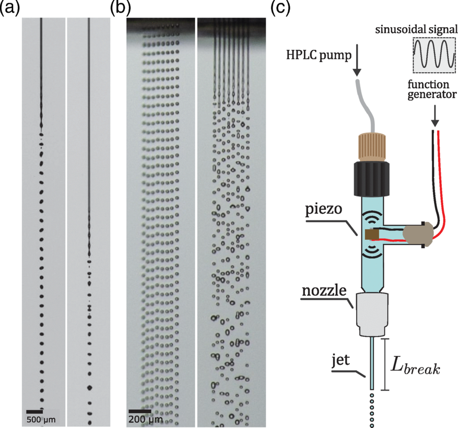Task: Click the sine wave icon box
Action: [430, 55]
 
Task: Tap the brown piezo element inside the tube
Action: [371, 236]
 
